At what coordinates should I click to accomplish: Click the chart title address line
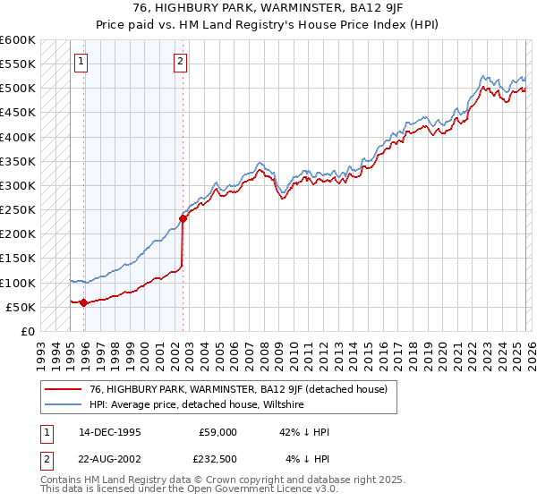(x=268, y=6)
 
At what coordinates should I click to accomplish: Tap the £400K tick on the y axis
(x=18, y=137)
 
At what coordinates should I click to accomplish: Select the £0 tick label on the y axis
(x=27, y=331)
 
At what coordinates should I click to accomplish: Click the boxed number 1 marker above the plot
(x=81, y=62)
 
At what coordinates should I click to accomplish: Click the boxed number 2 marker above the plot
(x=180, y=62)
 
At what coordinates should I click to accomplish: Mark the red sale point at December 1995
(x=84, y=302)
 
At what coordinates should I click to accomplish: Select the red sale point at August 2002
(x=183, y=217)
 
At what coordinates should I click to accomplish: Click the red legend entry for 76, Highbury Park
(x=238, y=389)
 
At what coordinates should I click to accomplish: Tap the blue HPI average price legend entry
(x=197, y=404)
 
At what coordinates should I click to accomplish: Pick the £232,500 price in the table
(x=217, y=460)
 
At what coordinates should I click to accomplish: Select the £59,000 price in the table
(x=217, y=432)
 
